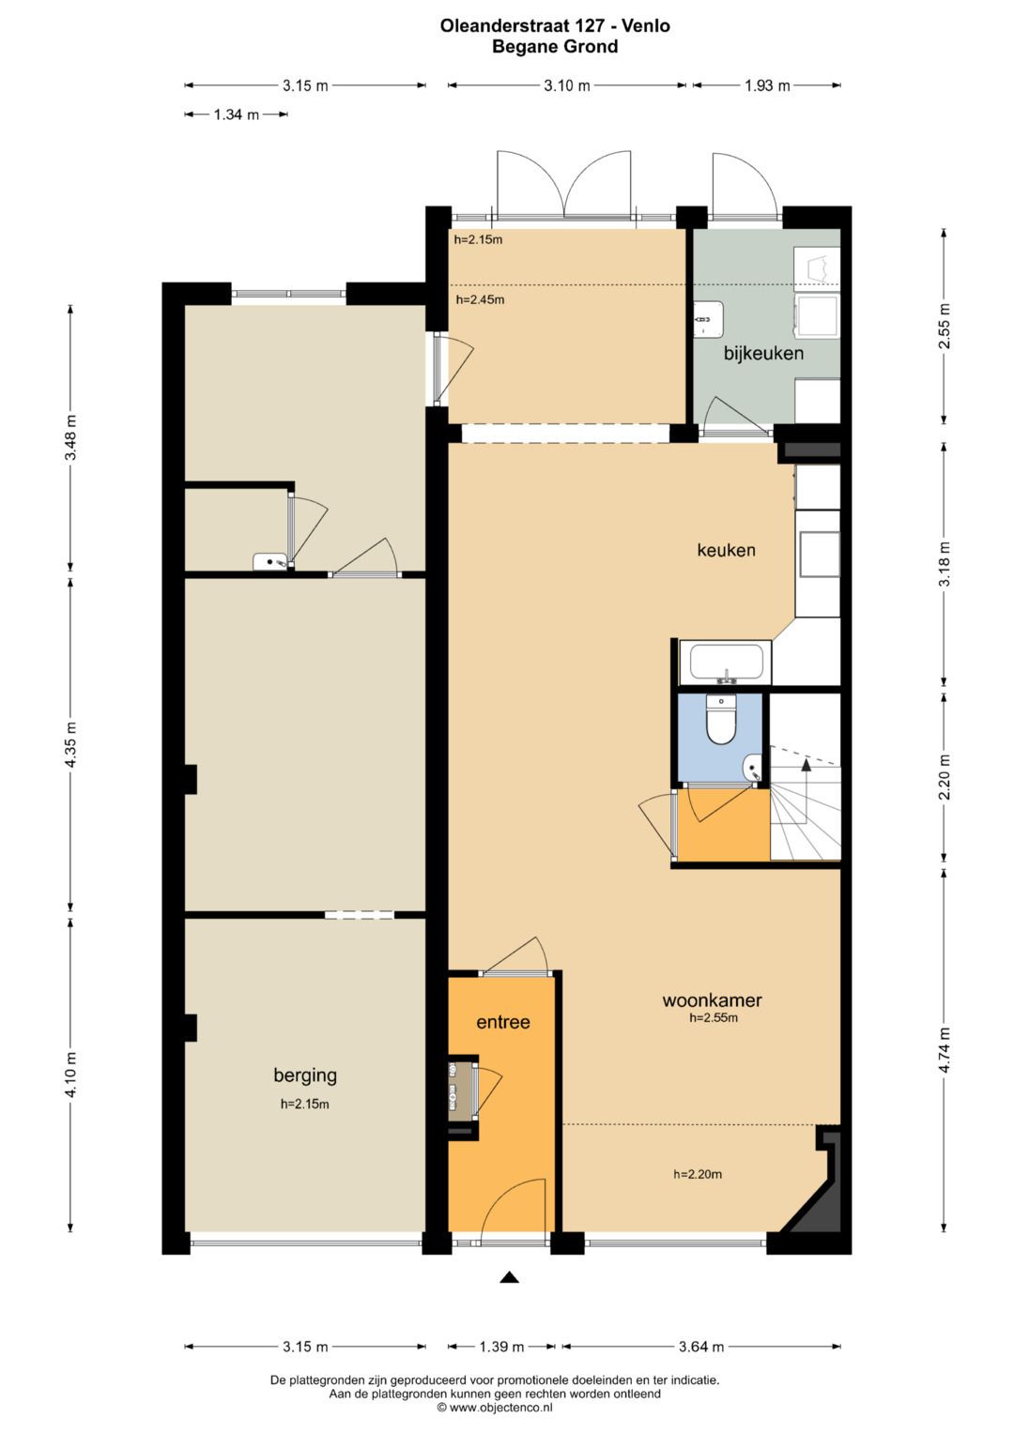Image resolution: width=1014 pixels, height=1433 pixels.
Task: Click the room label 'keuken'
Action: pyautogui.click(x=726, y=550)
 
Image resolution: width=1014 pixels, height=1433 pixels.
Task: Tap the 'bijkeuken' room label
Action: pyautogui.click(x=763, y=353)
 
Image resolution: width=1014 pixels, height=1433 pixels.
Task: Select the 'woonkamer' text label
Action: pyautogui.click(x=712, y=999)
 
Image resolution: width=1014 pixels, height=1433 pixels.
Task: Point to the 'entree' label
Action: pyautogui.click(x=503, y=1022)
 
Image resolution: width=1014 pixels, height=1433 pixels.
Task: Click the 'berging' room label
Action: pyautogui.click(x=305, y=1075)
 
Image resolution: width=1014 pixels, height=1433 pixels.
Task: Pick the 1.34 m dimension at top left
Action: pyautogui.click(x=237, y=114)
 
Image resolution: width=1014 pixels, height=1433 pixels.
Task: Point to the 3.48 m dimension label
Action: pyautogui.click(x=70, y=437)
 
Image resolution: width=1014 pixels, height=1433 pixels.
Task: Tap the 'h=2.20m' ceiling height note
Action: pyautogui.click(x=698, y=1174)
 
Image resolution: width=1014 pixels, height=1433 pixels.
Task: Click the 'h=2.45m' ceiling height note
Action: pyautogui.click(x=480, y=299)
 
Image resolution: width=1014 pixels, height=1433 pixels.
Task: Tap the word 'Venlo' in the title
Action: pyautogui.click(x=649, y=26)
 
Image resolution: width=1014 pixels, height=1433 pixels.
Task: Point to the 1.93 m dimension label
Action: pyautogui.click(x=767, y=85)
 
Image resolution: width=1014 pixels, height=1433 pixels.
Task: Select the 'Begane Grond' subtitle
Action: pyautogui.click(x=555, y=47)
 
